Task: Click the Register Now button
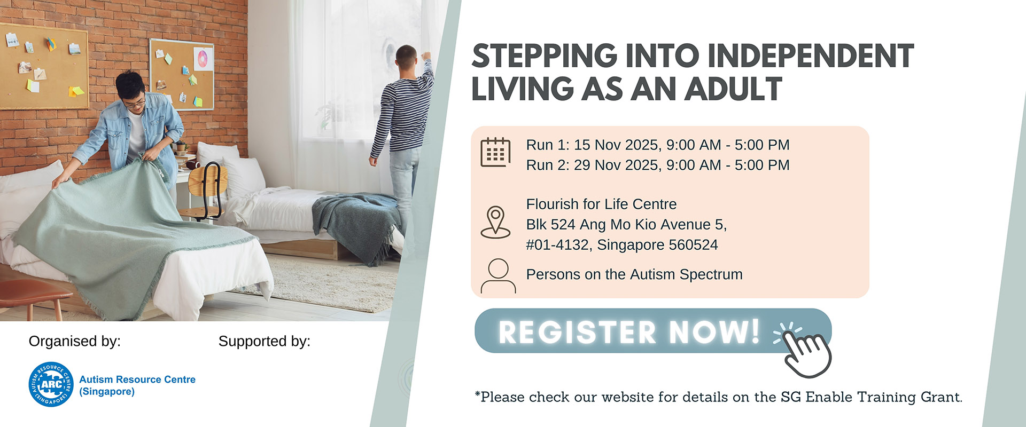(653, 331)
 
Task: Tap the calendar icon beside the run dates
(495, 152)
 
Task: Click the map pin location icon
(495, 222)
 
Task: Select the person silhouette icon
(498, 276)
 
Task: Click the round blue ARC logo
(51, 384)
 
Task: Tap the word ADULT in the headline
(733, 89)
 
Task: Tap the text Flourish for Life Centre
(601, 204)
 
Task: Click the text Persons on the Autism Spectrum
(634, 274)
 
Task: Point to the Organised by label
(75, 341)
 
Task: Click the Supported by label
(265, 341)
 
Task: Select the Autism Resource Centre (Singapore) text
(137, 385)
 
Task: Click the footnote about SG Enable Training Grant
(718, 397)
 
